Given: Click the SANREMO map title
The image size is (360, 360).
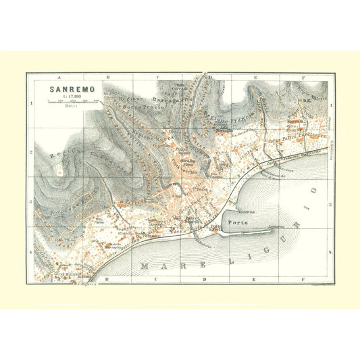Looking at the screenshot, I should pyautogui.click(x=66, y=88).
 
